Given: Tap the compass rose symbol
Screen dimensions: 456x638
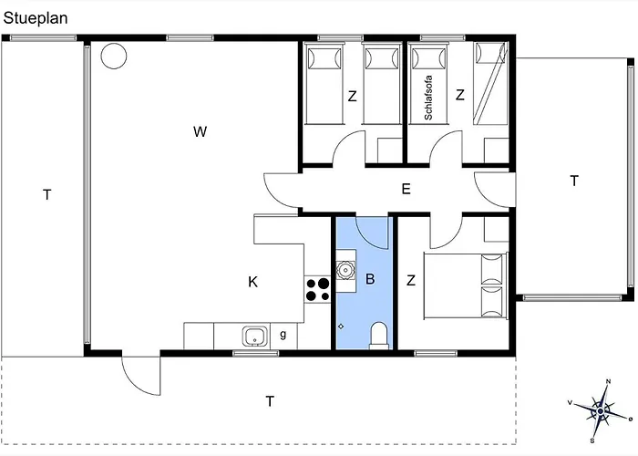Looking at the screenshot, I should pos(600,410).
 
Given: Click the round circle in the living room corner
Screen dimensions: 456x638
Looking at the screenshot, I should pos(113,57).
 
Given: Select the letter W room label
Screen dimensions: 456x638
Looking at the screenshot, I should pos(200,131).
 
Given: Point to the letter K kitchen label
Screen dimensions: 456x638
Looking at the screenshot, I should pos(252,282).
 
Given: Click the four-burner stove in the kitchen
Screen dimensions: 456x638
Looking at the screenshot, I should pos(317,289).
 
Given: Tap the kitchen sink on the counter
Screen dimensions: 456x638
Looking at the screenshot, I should pos(254,337).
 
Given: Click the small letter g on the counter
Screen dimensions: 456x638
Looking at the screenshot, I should pos(283,336).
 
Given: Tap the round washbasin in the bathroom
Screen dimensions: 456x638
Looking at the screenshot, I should pos(346,271).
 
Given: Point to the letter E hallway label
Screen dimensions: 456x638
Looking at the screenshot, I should pos(406,190).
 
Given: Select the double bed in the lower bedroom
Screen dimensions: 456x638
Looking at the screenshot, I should pos(466,285).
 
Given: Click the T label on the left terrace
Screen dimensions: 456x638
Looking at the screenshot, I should pos(46,194).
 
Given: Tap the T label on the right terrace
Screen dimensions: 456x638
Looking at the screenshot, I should pos(573,181).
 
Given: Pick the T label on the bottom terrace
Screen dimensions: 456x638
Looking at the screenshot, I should pos(269,400).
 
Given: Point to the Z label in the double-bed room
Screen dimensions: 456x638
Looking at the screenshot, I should pos(411,280).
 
